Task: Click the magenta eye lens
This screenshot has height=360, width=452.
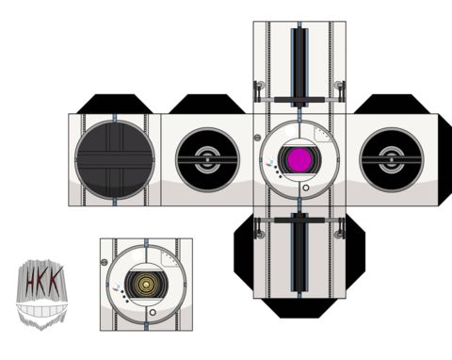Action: [x=299, y=159]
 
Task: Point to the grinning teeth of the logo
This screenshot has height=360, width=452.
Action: [x=42, y=311]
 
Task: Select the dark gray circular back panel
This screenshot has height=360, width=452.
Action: [x=115, y=160]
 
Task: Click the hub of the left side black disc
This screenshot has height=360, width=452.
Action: [x=207, y=159]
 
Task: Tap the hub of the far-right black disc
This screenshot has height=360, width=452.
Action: [x=391, y=159]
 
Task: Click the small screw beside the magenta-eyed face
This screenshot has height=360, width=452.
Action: [x=257, y=138]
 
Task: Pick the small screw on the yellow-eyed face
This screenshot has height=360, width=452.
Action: [x=105, y=262]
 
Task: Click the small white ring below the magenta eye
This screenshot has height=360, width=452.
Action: [x=306, y=188]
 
